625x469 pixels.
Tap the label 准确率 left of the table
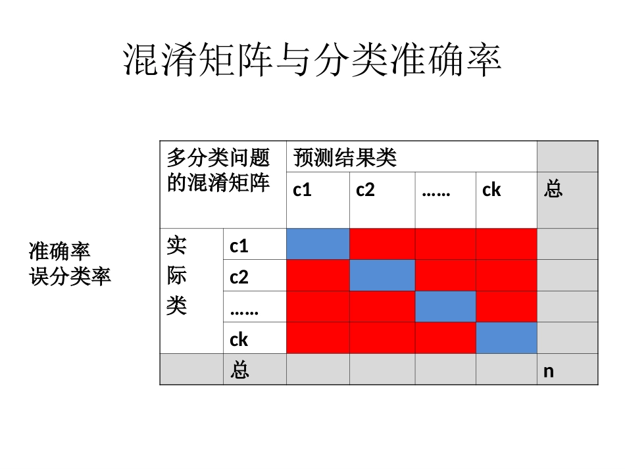pyautogui.click(x=59, y=251)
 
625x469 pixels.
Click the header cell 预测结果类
pyautogui.click(x=345, y=158)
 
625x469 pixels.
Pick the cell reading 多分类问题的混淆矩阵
pyautogui.click(x=218, y=170)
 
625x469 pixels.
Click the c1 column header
pyautogui.click(x=302, y=190)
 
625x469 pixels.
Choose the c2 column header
pyautogui.click(x=365, y=190)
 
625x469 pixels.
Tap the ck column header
pyautogui.click(x=491, y=190)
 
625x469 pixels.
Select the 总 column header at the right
pyautogui.click(x=553, y=190)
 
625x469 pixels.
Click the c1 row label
pyautogui.click(x=239, y=246)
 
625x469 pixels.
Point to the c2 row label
pyautogui.click(x=239, y=277)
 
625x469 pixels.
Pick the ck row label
pyautogui.click(x=239, y=339)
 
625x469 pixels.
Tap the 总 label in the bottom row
pyautogui.click(x=239, y=370)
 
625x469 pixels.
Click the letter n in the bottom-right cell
pyautogui.click(x=549, y=371)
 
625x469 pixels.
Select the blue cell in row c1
pyautogui.click(x=318, y=244)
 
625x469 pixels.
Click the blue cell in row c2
pyautogui.click(x=382, y=275)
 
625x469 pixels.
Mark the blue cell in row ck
pyautogui.click(x=507, y=338)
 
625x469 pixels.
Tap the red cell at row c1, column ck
pyautogui.click(x=507, y=244)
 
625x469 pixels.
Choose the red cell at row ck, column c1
pyautogui.click(x=318, y=338)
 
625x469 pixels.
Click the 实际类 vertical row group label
pyautogui.click(x=176, y=276)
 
